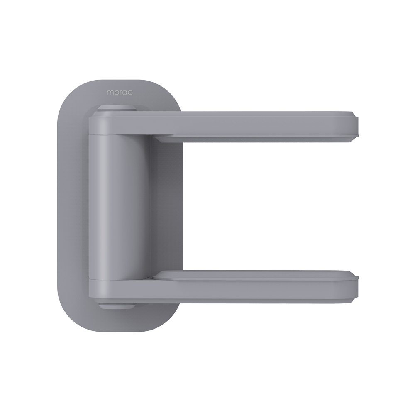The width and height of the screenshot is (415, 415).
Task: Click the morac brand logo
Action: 120,93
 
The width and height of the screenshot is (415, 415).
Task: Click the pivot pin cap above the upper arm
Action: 117,108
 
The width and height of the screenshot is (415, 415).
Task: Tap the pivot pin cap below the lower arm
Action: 117,306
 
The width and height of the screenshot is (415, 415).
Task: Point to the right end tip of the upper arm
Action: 358,127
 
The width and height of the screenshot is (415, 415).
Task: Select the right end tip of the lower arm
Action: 358,287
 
